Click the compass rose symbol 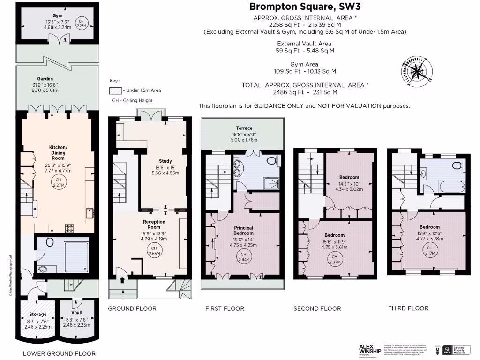tap(416, 72)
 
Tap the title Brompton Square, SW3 tap(305, 7)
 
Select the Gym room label tap(58, 15)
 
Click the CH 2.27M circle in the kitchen tap(58, 182)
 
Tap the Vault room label tap(77, 312)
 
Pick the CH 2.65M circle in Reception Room tap(153, 251)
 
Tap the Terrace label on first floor tap(244, 128)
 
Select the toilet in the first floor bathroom tap(271, 161)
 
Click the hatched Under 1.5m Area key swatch tap(115, 90)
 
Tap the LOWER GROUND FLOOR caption tap(59, 353)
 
